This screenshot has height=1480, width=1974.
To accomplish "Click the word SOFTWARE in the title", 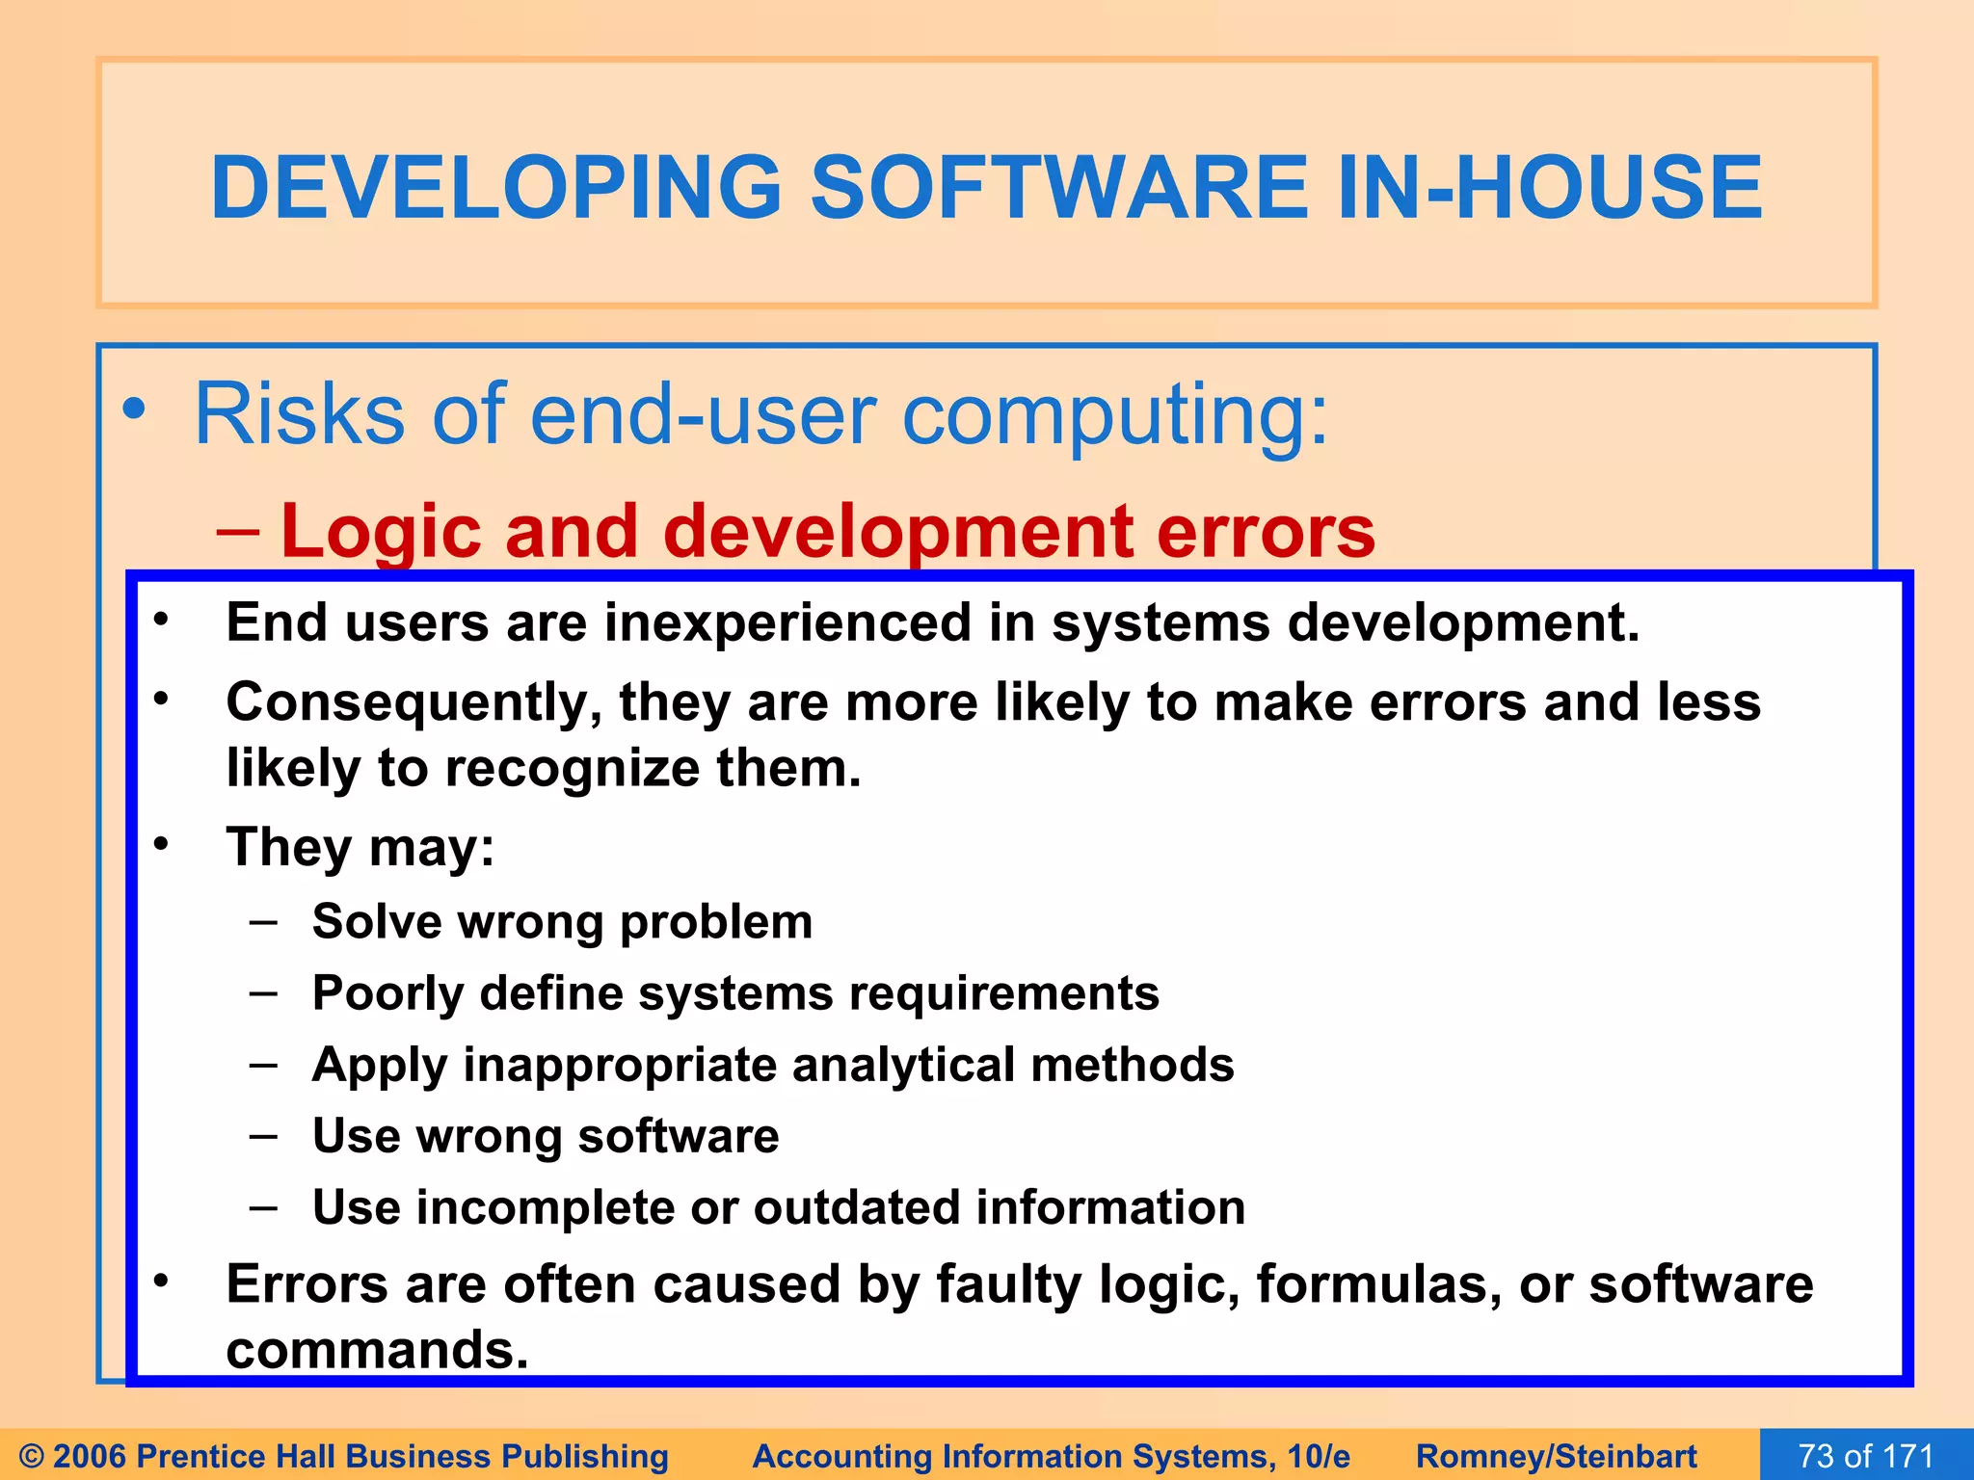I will point(1058,188).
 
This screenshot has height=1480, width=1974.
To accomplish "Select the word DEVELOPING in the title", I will point(495,188).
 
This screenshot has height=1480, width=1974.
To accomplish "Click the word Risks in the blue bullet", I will point(299,414).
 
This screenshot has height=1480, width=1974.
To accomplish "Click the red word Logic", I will point(377,532).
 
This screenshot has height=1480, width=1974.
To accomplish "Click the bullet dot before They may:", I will point(161,844).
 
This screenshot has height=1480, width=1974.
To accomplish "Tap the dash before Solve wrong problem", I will point(263,921).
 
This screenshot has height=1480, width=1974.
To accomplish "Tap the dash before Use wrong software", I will point(263,1136).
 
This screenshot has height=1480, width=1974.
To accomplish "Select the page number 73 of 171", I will point(1866,1456).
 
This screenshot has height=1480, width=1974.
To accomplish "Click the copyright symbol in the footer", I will point(31,1456).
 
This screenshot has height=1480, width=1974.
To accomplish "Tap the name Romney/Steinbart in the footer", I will point(1556,1456).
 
